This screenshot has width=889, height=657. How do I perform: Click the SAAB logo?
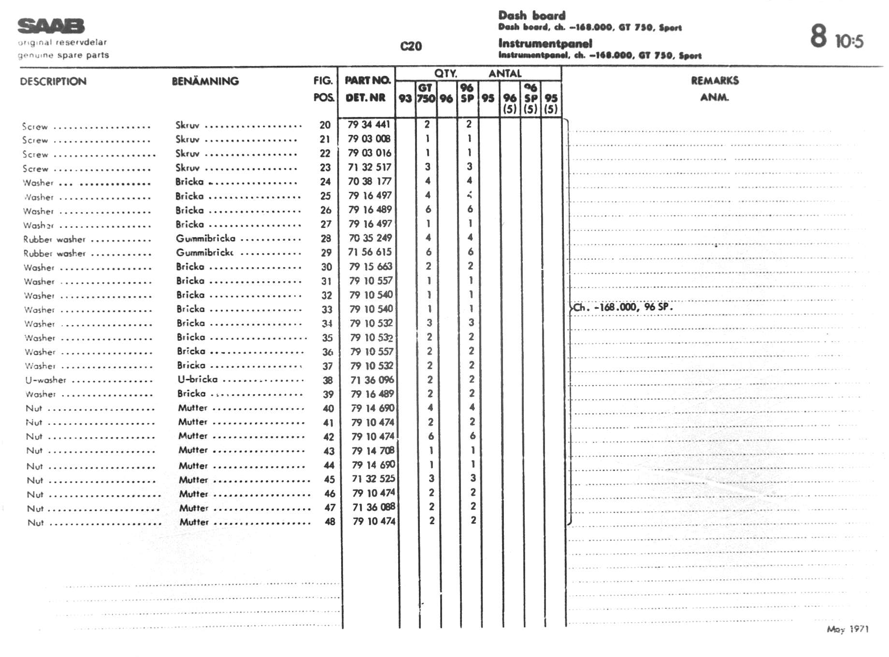tap(51, 26)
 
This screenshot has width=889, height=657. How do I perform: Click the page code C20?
tap(411, 46)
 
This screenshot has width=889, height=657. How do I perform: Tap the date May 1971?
tap(847, 629)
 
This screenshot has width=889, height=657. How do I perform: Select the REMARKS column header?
tap(715, 81)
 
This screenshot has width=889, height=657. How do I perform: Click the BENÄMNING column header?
tap(205, 81)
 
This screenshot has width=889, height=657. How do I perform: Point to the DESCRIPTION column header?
tap(53, 81)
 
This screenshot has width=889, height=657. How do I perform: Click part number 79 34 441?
tap(369, 125)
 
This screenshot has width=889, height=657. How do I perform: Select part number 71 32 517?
tap(370, 167)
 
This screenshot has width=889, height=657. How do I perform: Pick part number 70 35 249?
tap(370, 238)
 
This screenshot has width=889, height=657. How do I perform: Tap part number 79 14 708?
tap(373, 451)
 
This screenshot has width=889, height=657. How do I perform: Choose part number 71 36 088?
tap(373, 507)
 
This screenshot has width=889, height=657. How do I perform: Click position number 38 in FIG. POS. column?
tap(328, 380)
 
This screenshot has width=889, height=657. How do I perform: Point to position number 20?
tap(325, 125)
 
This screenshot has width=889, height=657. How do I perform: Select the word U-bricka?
tap(198, 379)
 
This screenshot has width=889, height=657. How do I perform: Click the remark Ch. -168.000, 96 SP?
tap(623, 307)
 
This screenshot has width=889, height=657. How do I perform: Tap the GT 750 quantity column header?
tap(426, 93)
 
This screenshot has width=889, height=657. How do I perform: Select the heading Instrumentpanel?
tap(545, 43)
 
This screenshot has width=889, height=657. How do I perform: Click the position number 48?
tap(330, 522)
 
